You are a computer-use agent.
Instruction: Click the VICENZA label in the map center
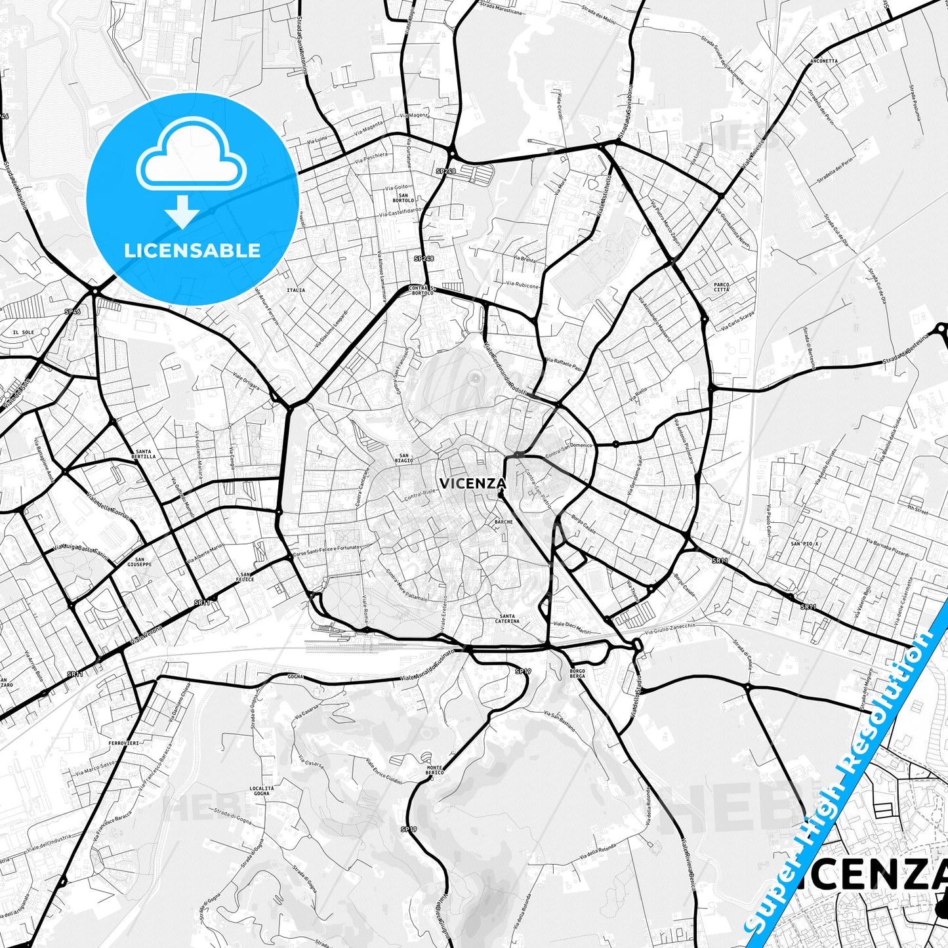coord(472,484)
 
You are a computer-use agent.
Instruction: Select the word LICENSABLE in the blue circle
coord(192,250)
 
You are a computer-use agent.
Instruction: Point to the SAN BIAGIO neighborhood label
coord(404,458)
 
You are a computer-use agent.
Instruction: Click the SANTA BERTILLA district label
coord(144,454)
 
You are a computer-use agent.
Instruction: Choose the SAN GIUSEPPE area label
coord(139,562)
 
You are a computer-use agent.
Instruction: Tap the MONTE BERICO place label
coord(434,770)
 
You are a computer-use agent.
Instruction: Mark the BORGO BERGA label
coord(577,673)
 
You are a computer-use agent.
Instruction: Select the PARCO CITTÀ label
coord(722,287)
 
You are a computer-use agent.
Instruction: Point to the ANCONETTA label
coord(824,61)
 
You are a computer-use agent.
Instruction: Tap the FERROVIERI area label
coord(123,743)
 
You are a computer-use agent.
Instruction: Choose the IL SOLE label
coord(24,333)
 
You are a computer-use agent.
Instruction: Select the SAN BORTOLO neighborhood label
coord(403,197)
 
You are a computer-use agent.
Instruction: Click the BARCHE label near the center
coord(504,522)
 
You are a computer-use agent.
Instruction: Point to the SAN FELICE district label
coord(245,577)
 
